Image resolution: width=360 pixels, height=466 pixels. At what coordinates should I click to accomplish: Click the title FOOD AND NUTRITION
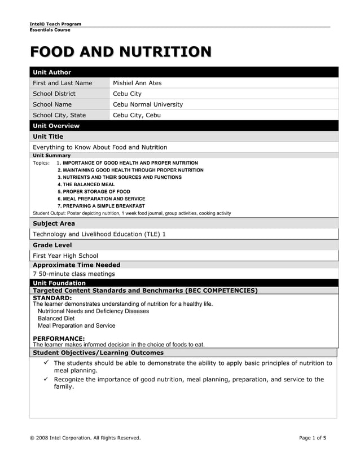[x=121, y=52]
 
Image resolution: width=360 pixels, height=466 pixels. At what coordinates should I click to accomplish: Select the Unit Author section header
[x=52, y=72]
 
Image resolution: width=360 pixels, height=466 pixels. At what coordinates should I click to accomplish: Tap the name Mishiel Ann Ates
[x=137, y=83]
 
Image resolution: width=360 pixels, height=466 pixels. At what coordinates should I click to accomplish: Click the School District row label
[x=54, y=94]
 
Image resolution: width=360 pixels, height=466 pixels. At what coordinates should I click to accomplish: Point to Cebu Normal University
[x=148, y=104]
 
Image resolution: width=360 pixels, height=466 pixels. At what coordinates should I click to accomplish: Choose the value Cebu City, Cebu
[x=137, y=115]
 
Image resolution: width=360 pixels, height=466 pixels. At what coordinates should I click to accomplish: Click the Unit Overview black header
[x=56, y=126]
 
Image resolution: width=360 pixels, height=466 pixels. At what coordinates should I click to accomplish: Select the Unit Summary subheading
[x=52, y=155]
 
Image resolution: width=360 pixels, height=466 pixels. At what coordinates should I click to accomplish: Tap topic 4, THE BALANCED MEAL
[x=86, y=184]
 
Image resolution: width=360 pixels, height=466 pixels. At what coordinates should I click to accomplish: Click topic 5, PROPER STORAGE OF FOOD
[x=94, y=192]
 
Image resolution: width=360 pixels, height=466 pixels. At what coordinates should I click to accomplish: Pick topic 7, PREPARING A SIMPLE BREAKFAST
[x=101, y=206]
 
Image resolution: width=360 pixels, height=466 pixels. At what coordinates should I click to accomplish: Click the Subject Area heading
[x=54, y=223]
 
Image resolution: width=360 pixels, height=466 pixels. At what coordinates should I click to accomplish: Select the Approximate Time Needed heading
[x=76, y=265]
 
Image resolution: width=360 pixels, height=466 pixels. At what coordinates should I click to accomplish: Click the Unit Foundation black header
[x=59, y=283]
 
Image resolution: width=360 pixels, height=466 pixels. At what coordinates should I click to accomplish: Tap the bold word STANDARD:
[x=52, y=297]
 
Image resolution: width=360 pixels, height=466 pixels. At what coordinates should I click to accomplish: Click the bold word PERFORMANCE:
[x=59, y=338]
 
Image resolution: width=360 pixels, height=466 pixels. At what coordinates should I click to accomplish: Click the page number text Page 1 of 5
[x=313, y=438]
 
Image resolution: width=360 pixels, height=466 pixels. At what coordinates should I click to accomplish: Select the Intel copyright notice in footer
[x=85, y=438]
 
